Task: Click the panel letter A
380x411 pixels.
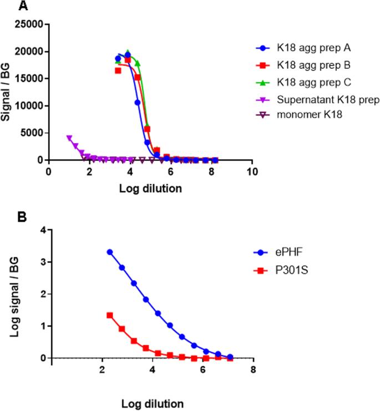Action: click(x=23, y=7)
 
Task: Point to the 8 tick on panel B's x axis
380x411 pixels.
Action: click(x=253, y=369)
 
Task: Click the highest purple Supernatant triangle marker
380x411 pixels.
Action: click(x=69, y=138)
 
